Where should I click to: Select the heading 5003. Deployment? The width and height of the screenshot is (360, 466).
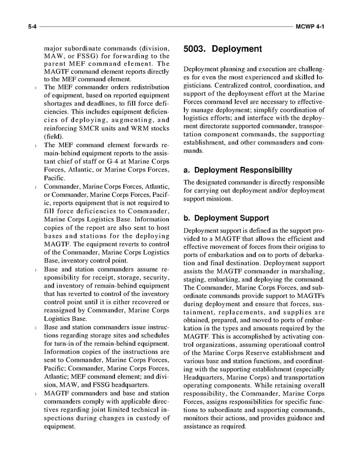[223, 49]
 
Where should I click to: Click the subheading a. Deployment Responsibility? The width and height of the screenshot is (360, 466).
[238, 170]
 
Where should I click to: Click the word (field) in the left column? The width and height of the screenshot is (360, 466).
[55, 136]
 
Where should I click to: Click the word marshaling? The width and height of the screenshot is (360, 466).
[306, 271]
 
